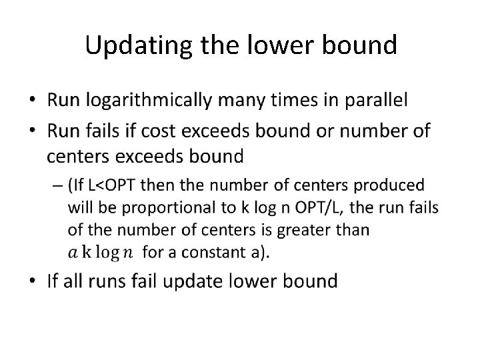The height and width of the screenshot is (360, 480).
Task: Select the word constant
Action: coord(221,253)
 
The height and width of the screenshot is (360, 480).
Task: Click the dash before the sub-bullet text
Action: coord(58,185)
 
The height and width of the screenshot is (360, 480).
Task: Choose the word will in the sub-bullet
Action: coord(81,207)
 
